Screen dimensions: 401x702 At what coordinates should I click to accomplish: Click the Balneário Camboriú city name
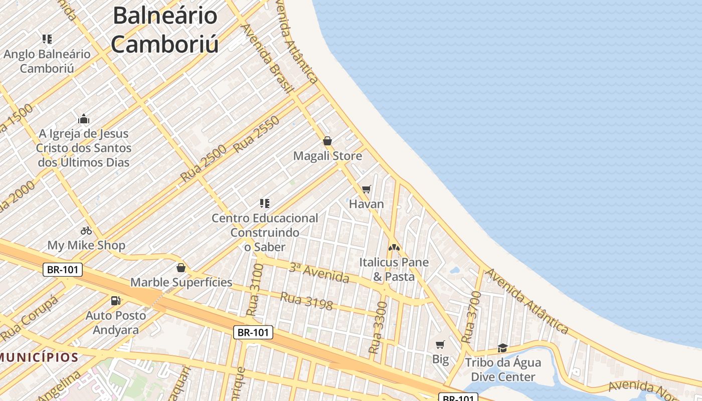pyautogui.click(x=165, y=30)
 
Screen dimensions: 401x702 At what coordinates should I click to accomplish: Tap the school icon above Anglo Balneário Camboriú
pyautogui.click(x=47, y=39)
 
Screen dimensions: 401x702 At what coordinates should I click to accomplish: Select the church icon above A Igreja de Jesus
pyautogui.click(x=84, y=119)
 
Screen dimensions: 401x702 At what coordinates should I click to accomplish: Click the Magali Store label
pyautogui.click(x=327, y=156)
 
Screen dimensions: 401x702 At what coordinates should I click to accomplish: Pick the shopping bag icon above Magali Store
pyautogui.click(x=327, y=141)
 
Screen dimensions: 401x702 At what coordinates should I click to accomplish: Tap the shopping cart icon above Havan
pyautogui.click(x=367, y=189)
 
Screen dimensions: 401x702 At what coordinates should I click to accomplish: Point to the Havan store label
pyautogui.click(x=367, y=204)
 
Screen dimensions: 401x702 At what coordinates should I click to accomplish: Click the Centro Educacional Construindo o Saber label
pyautogui.click(x=264, y=233)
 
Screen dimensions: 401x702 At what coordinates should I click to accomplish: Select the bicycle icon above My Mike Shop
pyautogui.click(x=86, y=231)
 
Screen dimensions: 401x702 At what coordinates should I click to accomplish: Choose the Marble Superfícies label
pyautogui.click(x=181, y=282)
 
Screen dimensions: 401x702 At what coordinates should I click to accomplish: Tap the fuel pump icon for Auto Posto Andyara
pyautogui.click(x=116, y=301)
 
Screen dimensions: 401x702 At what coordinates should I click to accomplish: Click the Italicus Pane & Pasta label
pyautogui.click(x=394, y=269)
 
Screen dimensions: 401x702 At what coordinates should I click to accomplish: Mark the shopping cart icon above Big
pyautogui.click(x=440, y=344)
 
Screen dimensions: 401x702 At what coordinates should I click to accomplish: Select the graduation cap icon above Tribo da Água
pyautogui.click(x=502, y=348)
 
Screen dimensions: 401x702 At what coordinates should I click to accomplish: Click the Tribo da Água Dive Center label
pyautogui.click(x=503, y=369)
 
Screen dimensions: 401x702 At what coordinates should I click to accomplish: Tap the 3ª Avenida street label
pyautogui.click(x=319, y=272)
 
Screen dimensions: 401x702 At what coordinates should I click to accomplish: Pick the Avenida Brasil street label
pyautogui.click(x=266, y=58)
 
